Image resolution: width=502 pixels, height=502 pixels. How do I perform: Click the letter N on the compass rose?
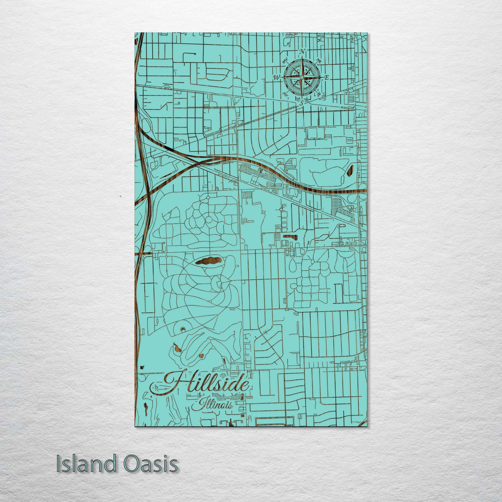point(301,52)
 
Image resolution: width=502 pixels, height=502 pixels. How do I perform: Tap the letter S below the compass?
point(301,103)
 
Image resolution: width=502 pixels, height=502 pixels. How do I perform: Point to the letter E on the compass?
point(327,78)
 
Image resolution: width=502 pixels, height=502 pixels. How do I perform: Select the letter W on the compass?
point(277,78)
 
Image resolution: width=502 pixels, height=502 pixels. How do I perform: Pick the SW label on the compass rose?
point(285,94)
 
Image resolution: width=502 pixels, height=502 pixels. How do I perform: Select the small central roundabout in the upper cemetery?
point(208,220)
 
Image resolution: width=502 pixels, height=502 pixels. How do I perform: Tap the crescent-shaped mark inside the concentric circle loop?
point(183,329)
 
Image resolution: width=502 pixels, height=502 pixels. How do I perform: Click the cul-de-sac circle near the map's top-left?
point(195,54)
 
